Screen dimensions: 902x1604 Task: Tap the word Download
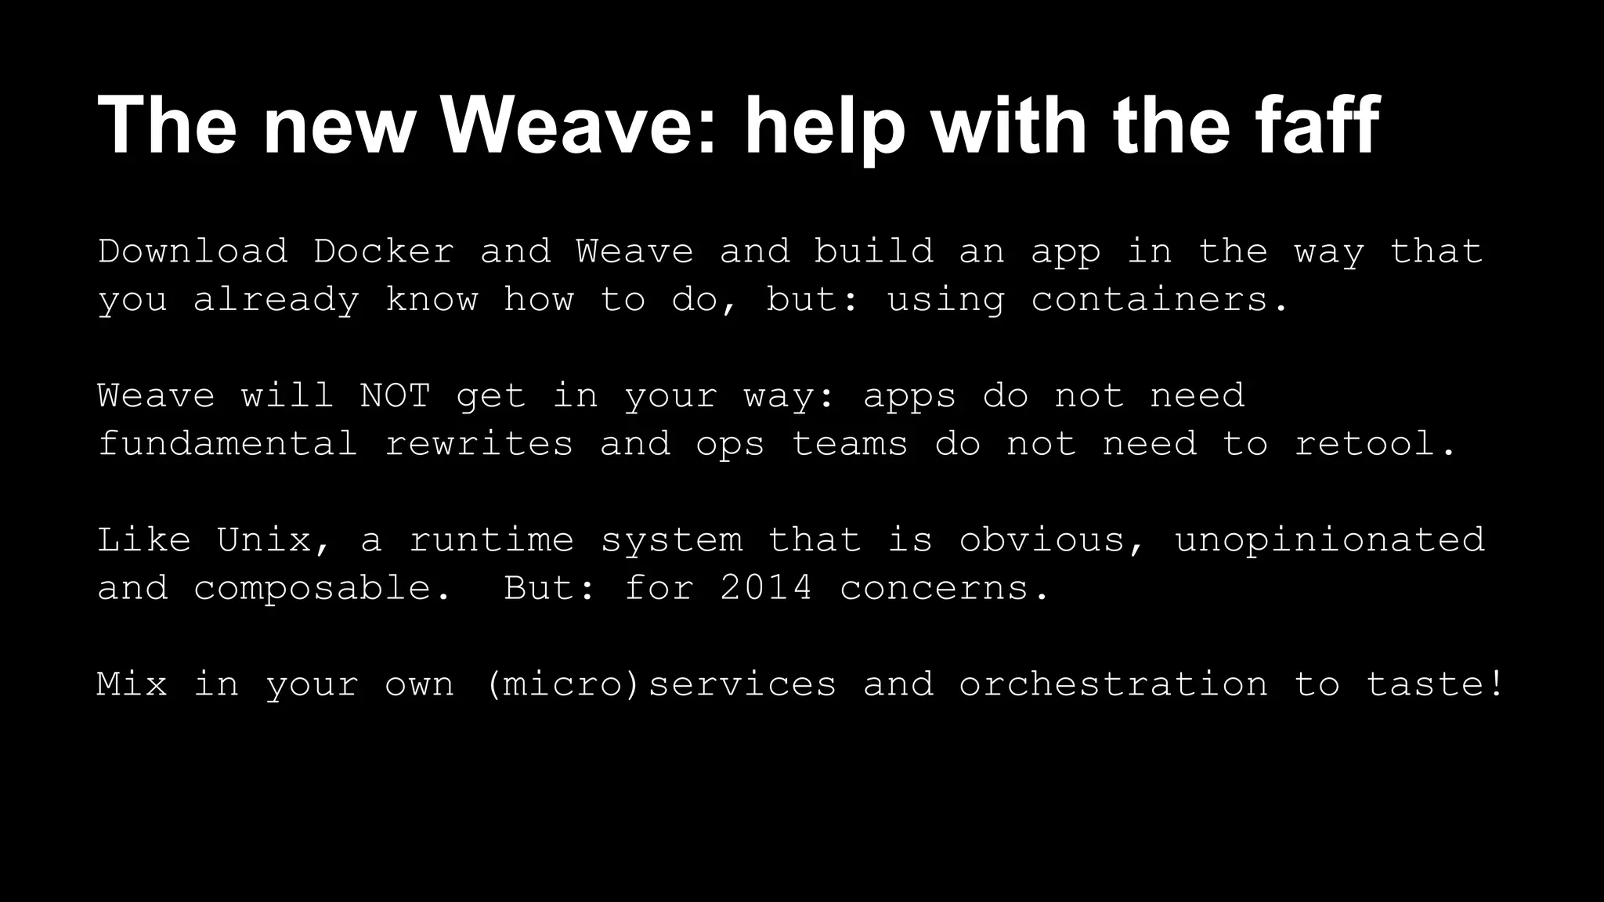[193, 251]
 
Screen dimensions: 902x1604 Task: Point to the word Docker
[384, 251]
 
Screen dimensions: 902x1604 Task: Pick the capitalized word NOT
[395, 395]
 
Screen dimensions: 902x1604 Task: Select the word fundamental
[228, 444]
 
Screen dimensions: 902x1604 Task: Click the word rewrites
[479, 444]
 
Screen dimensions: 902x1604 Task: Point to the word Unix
[264, 540]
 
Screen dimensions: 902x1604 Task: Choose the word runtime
[491, 540]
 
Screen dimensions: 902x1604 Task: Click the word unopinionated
[1329, 540]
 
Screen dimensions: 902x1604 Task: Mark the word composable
[312, 589]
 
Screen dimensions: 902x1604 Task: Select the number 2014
[766, 588]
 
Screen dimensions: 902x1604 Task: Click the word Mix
[132, 684]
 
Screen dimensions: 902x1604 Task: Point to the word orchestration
[1113, 684]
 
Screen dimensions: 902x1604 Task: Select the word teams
[850, 444]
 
